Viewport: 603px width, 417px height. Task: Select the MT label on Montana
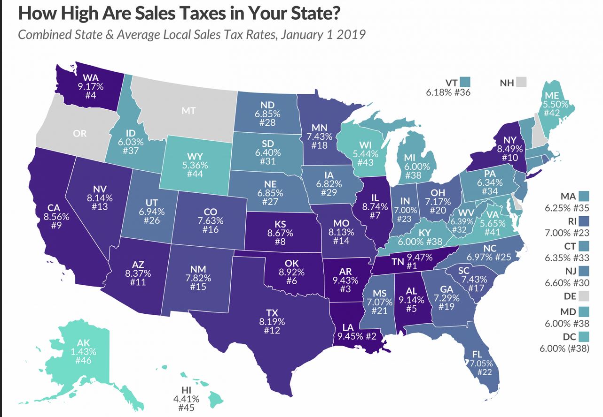tap(188, 112)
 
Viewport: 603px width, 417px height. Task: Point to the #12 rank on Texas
tap(272, 330)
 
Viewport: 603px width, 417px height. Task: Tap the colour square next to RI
tap(584, 220)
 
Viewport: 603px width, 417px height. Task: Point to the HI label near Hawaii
tap(186, 390)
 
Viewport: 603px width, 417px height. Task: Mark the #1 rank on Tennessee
tap(412, 266)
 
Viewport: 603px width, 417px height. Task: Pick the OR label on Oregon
tap(80, 133)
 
